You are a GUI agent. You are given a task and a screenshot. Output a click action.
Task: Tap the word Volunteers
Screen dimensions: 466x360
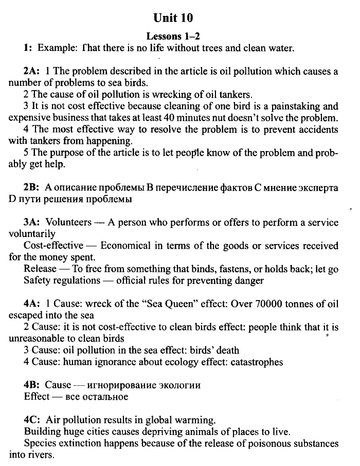point(68,222)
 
